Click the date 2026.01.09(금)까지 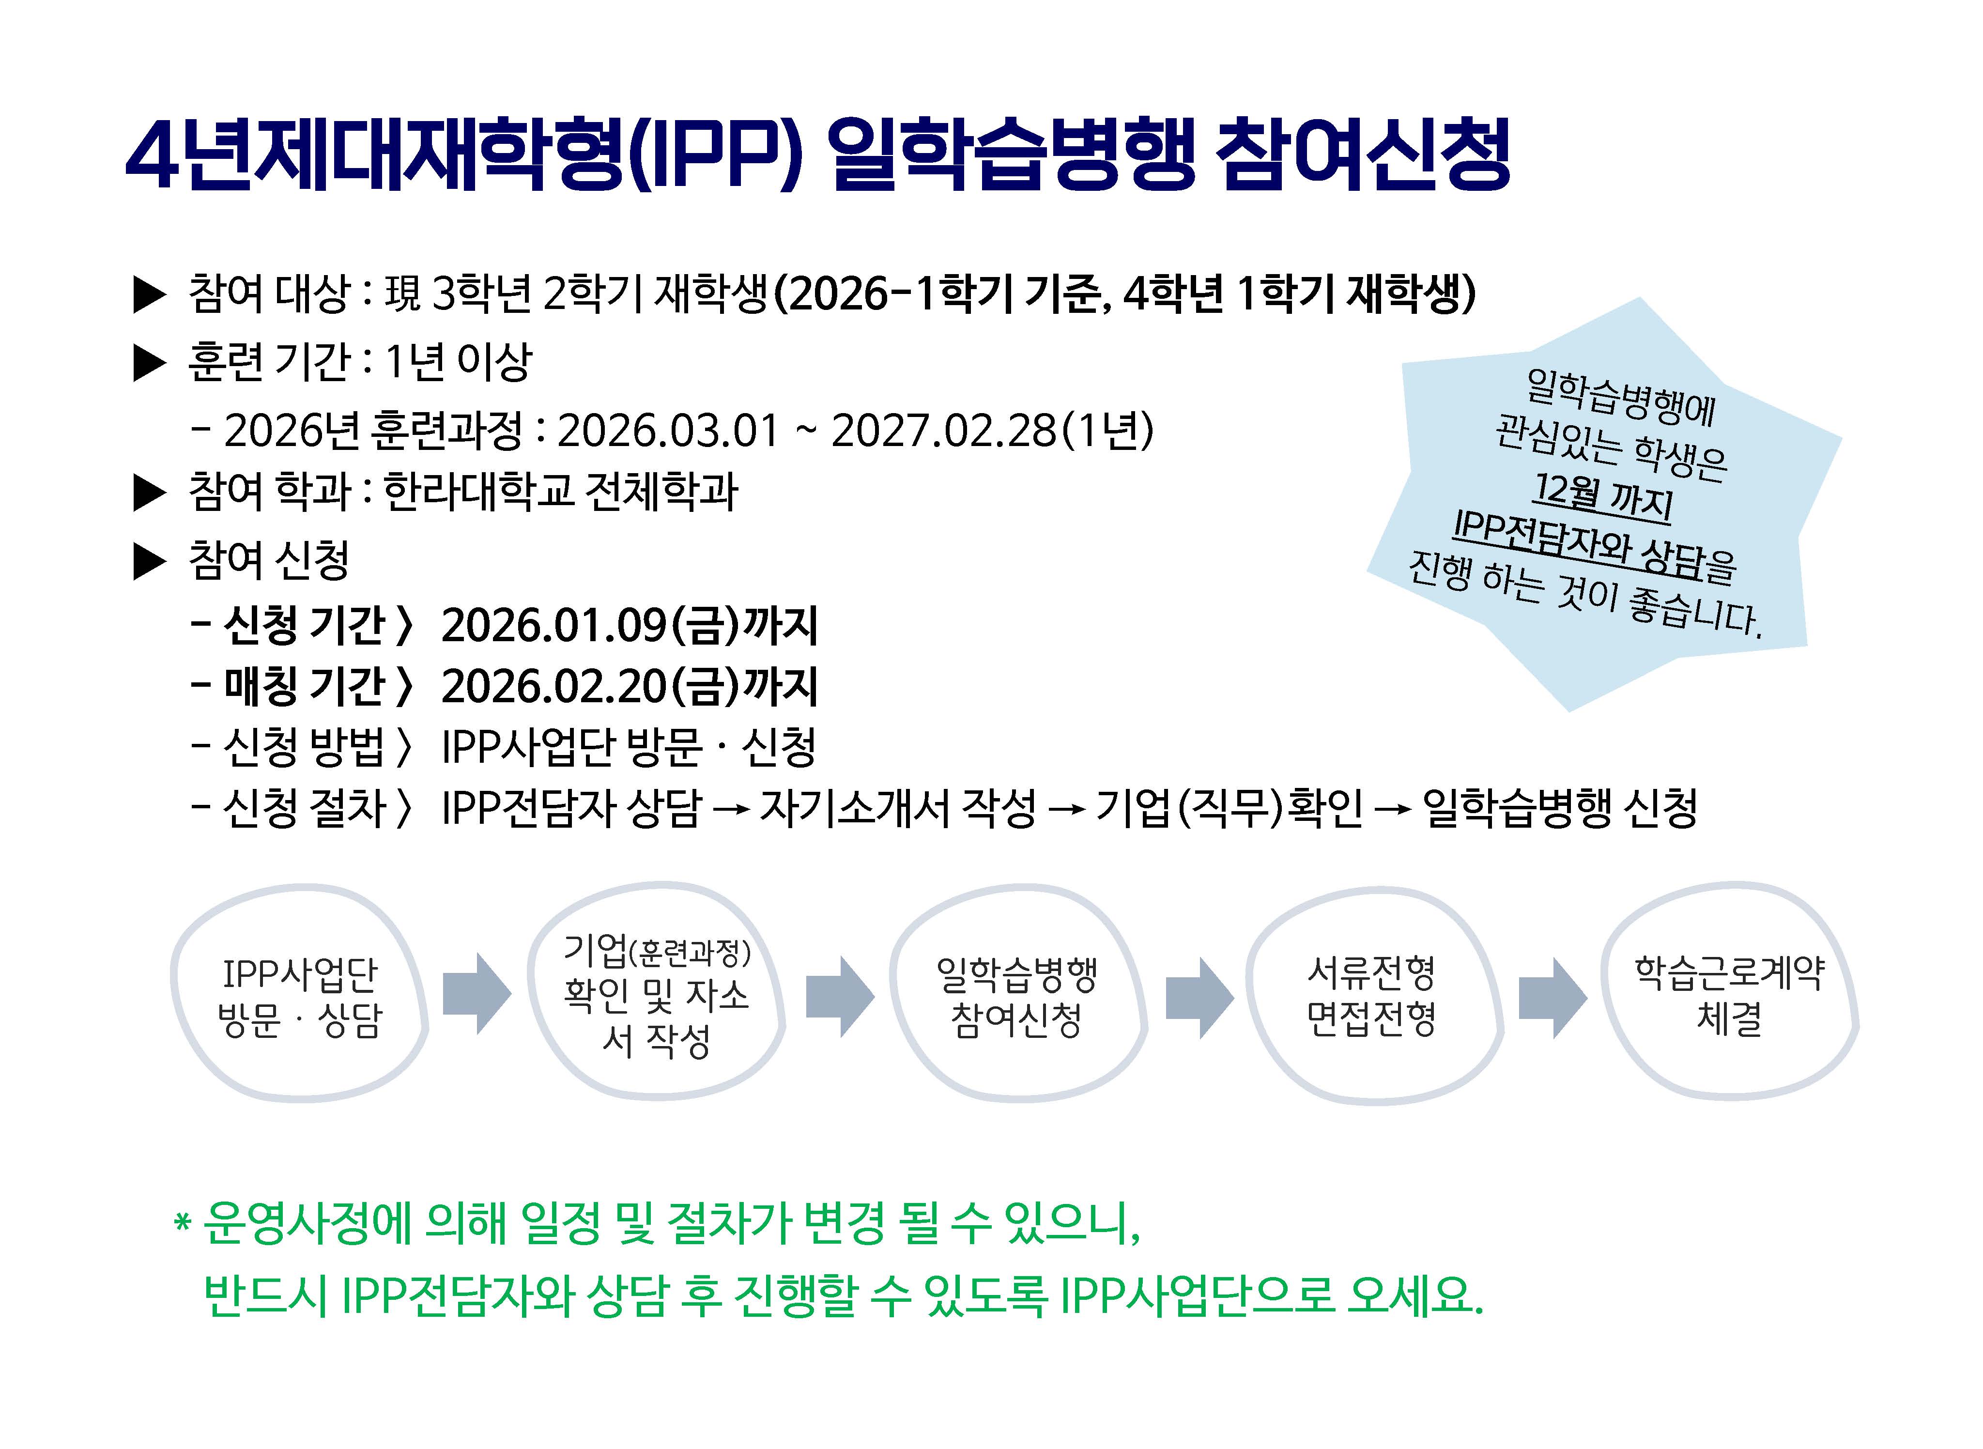[x=630, y=625]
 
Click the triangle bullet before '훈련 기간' [x=149, y=363]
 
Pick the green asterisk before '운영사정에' [x=183, y=1222]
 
